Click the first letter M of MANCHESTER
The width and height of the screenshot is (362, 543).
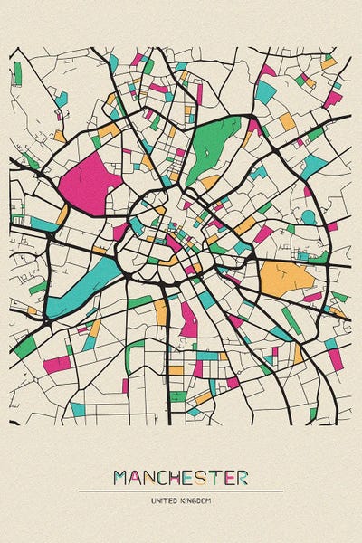(121, 476)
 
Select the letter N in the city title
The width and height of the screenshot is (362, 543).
(151, 476)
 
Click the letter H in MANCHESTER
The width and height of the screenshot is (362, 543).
(179, 476)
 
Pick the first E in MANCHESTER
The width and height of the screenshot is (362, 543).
(193, 476)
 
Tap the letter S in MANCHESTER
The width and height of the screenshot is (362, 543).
(205, 476)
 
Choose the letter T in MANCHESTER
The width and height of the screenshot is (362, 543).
(218, 476)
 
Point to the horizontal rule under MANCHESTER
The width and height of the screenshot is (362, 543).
(181, 491)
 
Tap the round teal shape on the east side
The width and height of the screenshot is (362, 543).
(308, 216)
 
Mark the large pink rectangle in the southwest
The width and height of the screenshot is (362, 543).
(56, 364)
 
